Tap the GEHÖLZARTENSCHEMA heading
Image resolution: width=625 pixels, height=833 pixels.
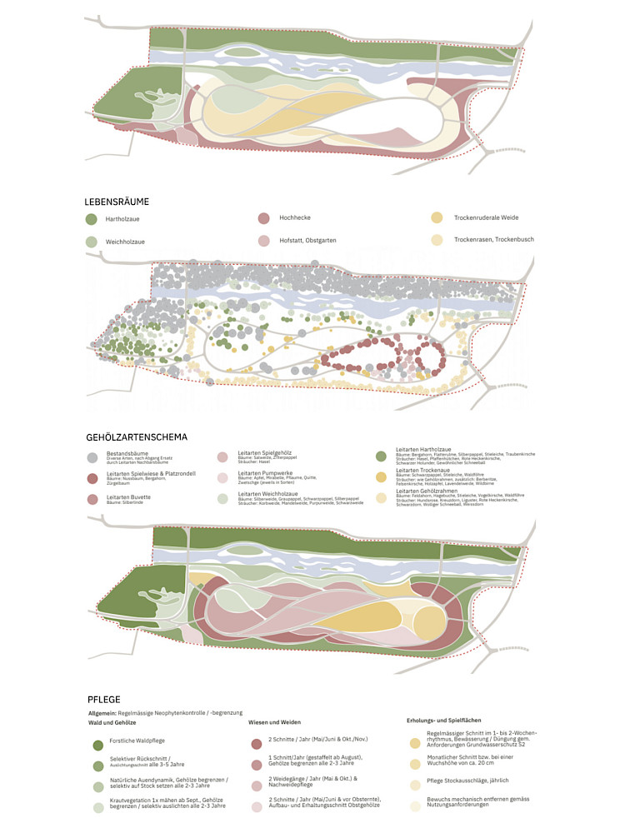point(137,436)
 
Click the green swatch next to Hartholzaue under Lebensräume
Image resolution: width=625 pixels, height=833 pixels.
point(91,219)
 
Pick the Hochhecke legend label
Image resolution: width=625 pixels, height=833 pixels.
point(296,218)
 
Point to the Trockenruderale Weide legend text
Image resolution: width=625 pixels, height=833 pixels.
point(486,217)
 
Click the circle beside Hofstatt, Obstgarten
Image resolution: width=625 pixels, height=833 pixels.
point(262,241)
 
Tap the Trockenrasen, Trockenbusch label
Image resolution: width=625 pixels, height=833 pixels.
point(493,239)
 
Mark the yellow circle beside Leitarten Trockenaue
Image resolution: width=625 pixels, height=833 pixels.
point(381,476)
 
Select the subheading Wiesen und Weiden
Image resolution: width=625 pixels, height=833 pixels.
point(274,722)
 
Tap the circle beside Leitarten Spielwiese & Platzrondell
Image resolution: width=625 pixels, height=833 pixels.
point(92,478)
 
